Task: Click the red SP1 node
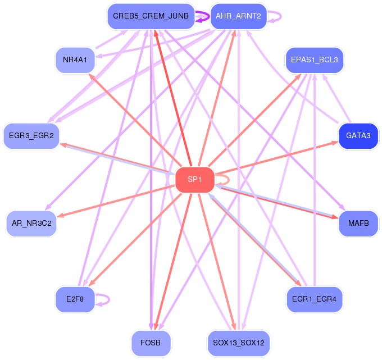click(195, 180)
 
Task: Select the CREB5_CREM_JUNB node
click(151, 16)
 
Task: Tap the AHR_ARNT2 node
click(239, 16)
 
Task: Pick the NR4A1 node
click(75, 60)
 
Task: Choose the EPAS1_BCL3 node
click(315, 60)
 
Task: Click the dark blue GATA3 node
click(358, 136)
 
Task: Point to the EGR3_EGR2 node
click(31, 136)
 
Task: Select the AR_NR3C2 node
click(31, 224)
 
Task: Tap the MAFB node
click(358, 224)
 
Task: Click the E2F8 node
click(75, 299)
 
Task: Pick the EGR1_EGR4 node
click(315, 299)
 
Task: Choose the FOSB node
click(151, 343)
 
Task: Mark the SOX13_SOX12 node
click(239, 343)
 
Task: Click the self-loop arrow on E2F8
click(109, 299)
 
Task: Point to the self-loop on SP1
click(229, 180)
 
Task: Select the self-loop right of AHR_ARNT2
click(281, 16)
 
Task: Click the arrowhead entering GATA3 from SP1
click(335, 143)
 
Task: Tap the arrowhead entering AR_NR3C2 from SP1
click(61, 215)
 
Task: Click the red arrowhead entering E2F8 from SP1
click(92, 283)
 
